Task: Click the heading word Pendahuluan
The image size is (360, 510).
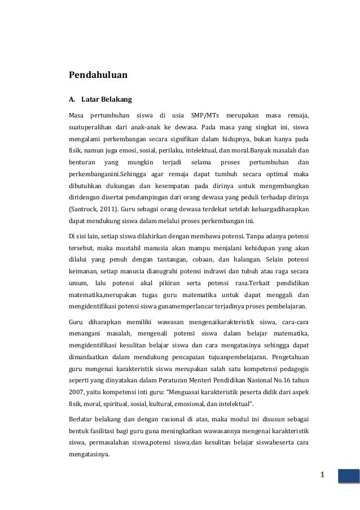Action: (x=98, y=75)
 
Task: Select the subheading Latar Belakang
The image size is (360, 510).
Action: (x=107, y=100)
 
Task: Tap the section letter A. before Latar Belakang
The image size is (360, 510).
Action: (x=72, y=100)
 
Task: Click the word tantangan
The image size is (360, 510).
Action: (x=178, y=261)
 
